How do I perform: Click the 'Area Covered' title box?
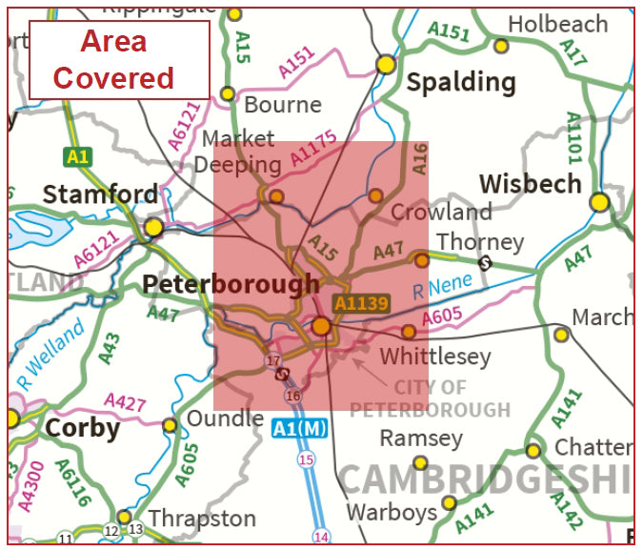point(119,59)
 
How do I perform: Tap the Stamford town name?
point(100,195)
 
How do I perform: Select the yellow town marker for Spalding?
point(386,64)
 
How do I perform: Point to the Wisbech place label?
point(530,183)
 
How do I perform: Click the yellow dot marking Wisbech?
point(599,202)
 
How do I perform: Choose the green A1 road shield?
point(78,155)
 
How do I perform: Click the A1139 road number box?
point(362,303)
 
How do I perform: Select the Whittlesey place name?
point(435,357)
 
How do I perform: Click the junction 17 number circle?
point(273,360)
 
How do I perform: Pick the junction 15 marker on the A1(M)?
point(305,460)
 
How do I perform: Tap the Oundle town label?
point(225,418)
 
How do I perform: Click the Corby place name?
point(83,428)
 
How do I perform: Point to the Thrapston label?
point(202,519)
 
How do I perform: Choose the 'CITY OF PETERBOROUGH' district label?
point(430,399)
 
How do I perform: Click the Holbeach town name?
point(557,24)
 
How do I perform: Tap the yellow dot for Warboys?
point(448,502)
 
